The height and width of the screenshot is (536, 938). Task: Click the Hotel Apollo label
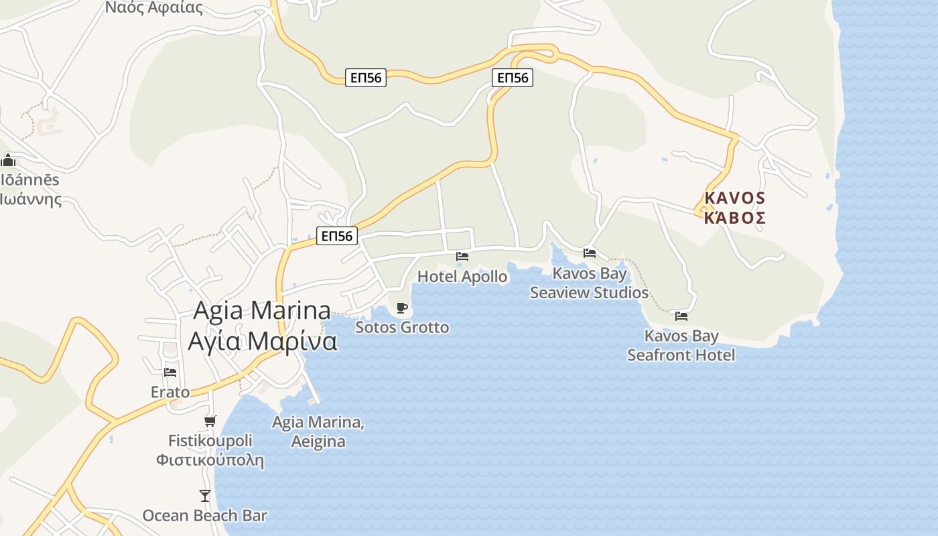point(462,276)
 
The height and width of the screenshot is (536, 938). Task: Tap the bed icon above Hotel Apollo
point(462,256)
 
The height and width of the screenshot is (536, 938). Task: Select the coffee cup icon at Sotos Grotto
point(401,308)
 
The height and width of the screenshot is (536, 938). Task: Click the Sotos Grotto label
point(402,328)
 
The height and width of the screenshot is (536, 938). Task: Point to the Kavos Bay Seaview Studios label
point(589,283)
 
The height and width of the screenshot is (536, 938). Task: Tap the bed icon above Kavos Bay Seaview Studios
point(590,253)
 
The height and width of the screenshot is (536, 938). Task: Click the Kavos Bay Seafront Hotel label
point(681,345)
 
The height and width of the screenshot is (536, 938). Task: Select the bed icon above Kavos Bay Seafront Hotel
point(681,316)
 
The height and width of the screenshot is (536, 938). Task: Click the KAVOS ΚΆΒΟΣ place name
point(734,208)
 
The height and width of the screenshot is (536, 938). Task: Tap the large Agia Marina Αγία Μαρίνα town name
point(262,326)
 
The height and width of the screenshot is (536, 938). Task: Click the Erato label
point(170,392)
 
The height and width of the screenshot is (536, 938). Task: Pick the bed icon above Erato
point(170,372)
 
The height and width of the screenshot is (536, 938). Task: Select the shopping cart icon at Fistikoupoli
point(210,421)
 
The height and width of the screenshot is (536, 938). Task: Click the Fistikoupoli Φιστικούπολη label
point(210,450)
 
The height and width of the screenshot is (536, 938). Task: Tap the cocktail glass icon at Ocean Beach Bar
point(205,496)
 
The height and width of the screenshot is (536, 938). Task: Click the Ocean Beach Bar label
point(204,516)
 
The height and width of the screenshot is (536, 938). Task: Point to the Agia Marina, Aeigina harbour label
point(318,431)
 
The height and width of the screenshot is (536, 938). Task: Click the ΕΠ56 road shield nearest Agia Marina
point(337,236)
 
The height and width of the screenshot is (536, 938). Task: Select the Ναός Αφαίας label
point(154,8)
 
